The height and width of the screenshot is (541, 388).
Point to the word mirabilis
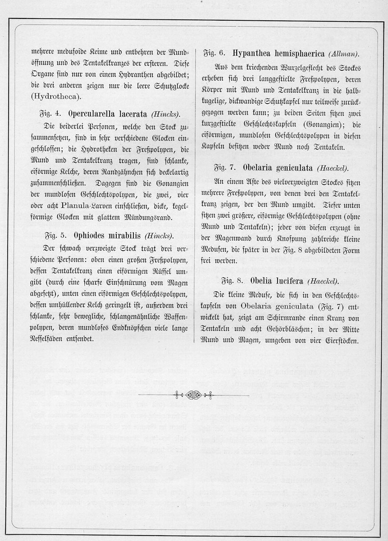coord(120,235)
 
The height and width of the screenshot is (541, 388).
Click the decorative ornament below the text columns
coord(194,395)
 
